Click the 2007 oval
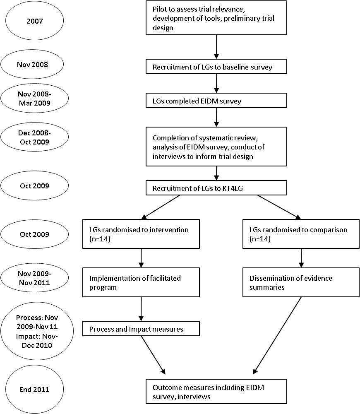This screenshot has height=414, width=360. pyautogui.click(x=34, y=21)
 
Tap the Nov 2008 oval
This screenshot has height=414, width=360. pyautogui.click(x=32, y=65)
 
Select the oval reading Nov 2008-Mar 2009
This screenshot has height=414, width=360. pyautogui.click(x=35, y=98)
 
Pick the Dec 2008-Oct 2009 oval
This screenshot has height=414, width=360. pyautogui.click(x=35, y=137)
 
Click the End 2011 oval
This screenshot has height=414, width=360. pyautogui.click(x=34, y=390)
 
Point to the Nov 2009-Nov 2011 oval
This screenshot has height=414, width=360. pyautogui.click(x=35, y=278)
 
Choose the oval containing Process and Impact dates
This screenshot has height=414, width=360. pyautogui.click(x=37, y=331)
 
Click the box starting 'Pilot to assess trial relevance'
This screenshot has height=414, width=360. pyautogui.click(x=216, y=18)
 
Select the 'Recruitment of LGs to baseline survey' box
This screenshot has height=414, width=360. pyautogui.click(x=216, y=67)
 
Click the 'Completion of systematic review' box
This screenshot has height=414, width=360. pyautogui.click(x=216, y=147)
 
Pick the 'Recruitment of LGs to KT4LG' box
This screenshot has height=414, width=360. pyautogui.click(x=216, y=188)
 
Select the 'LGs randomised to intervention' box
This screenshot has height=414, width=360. pyautogui.click(x=141, y=234)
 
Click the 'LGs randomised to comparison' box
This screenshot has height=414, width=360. pyautogui.click(x=301, y=234)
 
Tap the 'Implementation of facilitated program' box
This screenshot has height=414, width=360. pyautogui.click(x=141, y=282)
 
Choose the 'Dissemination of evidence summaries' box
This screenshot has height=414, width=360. pyautogui.click(x=301, y=282)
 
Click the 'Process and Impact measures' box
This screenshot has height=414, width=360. pyautogui.click(x=141, y=328)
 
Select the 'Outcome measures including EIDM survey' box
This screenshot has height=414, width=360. pyautogui.click(x=216, y=392)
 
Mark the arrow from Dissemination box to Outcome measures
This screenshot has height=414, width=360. pyautogui.click(x=277, y=336)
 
